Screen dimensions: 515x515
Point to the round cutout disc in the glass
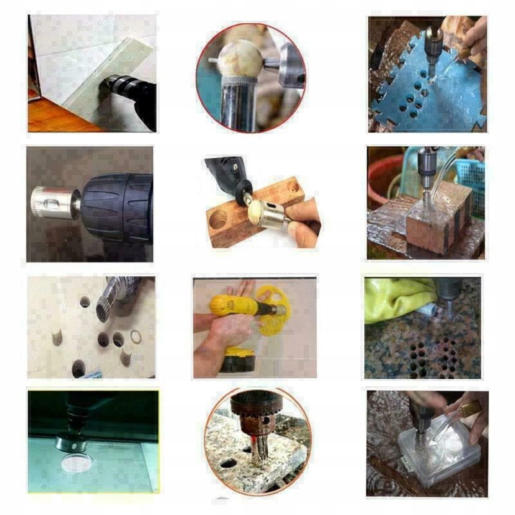77,462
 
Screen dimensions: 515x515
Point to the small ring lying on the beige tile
137,337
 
